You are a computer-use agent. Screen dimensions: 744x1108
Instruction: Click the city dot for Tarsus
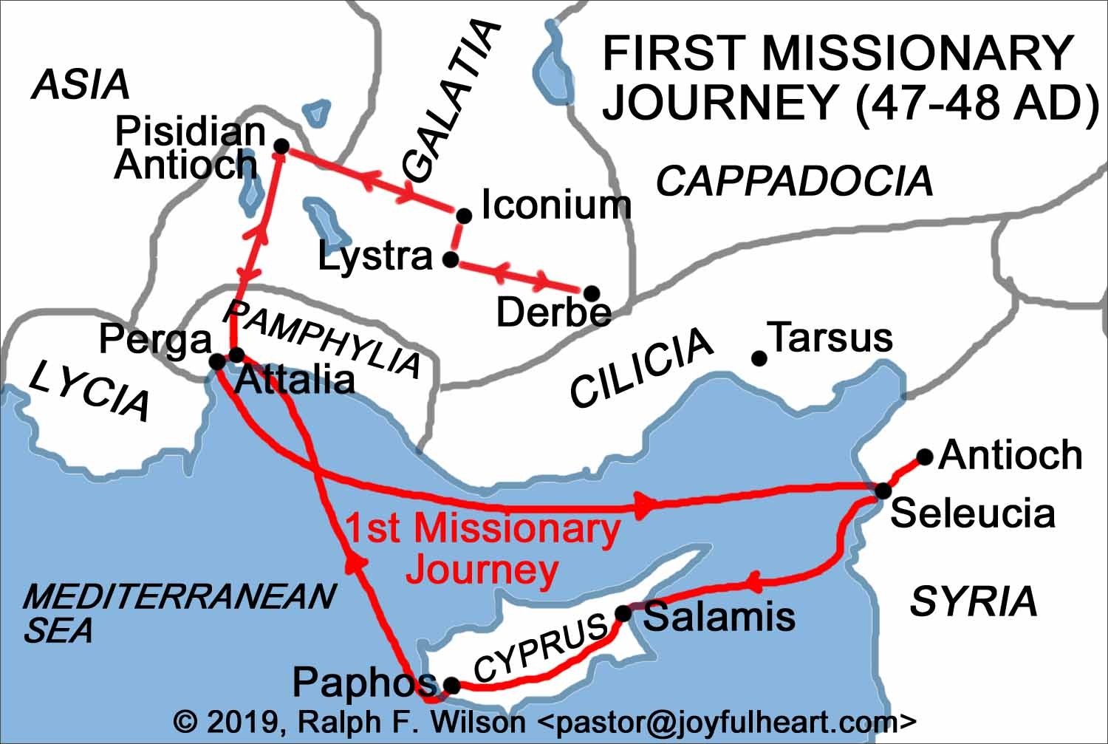click(x=759, y=358)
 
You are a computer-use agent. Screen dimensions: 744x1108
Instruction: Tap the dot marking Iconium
click(x=464, y=216)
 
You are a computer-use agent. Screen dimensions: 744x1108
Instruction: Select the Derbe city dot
click(x=591, y=293)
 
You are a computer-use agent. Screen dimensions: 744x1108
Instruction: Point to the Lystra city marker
click(x=450, y=260)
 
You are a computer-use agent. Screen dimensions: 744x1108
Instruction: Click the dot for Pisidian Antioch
click(x=281, y=146)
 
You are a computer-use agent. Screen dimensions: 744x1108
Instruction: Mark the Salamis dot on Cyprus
click(x=623, y=613)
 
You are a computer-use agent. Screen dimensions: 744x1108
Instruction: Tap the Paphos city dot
click(x=452, y=686)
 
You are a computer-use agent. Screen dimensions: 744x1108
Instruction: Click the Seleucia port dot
click(x=883, y=491)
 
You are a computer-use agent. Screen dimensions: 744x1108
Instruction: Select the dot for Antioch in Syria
click(x=925, y=457)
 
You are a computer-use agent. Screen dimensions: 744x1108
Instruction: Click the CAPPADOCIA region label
click(x=795, y=181)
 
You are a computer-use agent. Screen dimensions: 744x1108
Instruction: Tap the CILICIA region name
click(x=641, y=367)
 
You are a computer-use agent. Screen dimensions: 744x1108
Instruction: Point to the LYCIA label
click(x=89, y=390)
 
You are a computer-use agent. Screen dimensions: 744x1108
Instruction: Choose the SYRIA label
click(x=974, y=601)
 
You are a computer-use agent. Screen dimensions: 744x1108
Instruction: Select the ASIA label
click(x=81, y=85)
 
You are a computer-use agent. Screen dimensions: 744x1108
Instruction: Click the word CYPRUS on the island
click(x=541, y=649)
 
